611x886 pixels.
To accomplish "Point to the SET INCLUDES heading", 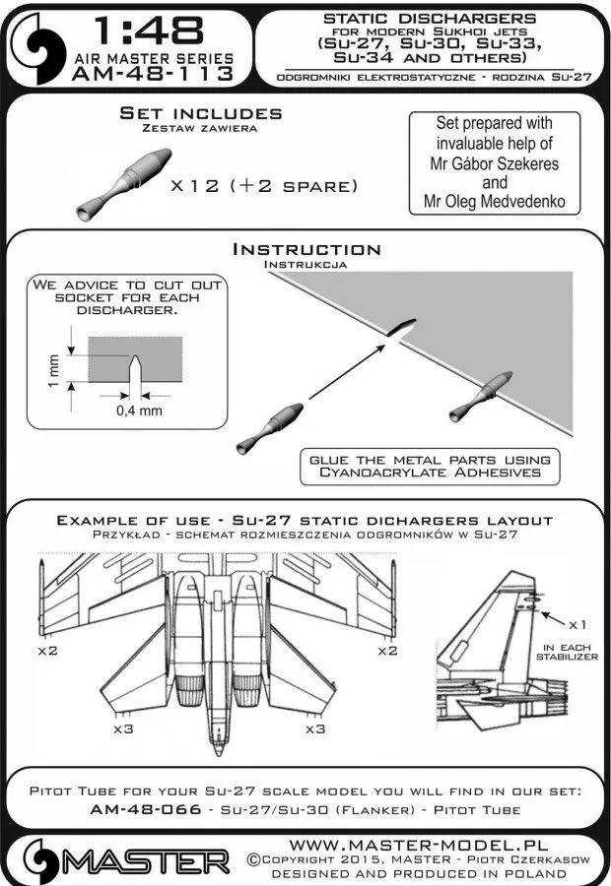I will click(x=199, y=114).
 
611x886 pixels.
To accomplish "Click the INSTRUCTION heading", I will click(x=305, y=249).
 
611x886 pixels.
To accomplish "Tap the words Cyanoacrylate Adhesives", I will click(x=428, y=473).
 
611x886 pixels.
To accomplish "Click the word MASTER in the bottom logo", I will click(x=148, y=860).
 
